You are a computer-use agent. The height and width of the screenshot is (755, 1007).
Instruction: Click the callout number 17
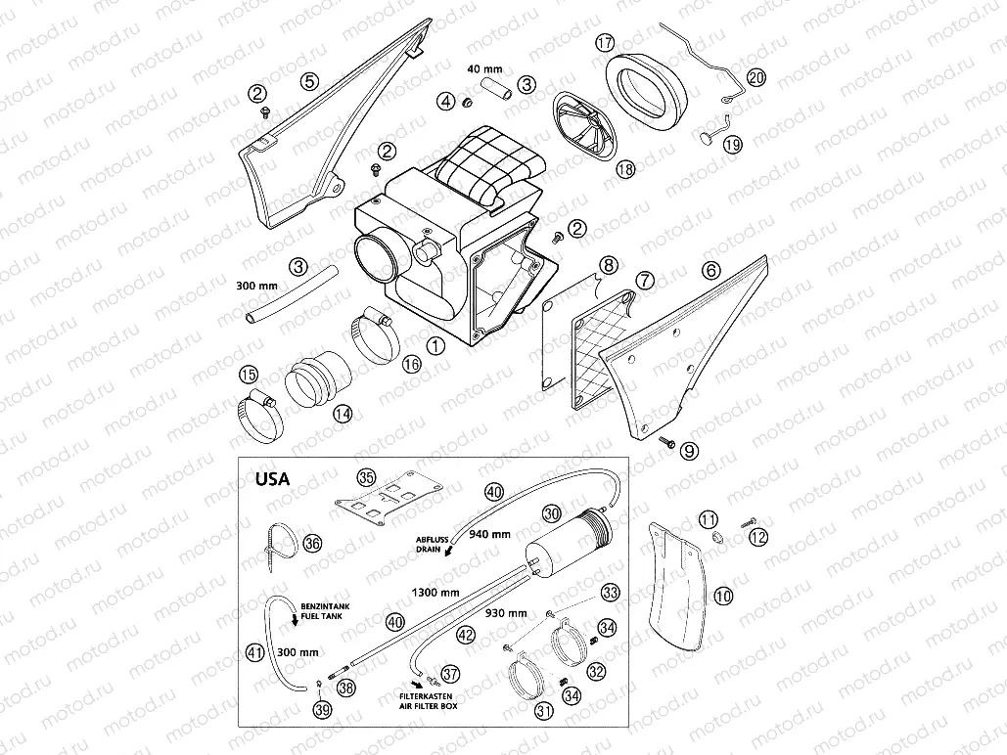(605, 42)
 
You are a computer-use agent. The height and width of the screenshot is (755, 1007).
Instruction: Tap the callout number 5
(309, 81)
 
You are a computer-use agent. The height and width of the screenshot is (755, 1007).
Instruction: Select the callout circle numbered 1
(436, 346)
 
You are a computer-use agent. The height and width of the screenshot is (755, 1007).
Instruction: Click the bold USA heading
(272, 479)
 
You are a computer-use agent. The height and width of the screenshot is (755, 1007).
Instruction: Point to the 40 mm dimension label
(484, 68)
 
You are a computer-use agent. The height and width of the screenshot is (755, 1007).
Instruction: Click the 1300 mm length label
(435, 592)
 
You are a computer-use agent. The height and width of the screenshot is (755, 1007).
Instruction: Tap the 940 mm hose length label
(489, 534)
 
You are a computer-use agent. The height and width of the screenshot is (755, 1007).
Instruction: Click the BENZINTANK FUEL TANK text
(325, 611)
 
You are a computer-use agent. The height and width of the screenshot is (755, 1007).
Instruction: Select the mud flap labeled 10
(677, 581)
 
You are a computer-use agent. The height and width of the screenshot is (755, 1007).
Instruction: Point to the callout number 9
(689, 451)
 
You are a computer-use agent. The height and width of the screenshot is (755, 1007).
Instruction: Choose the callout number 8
(608, 264)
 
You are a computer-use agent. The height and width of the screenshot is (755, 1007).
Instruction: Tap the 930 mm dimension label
(506, 613)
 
